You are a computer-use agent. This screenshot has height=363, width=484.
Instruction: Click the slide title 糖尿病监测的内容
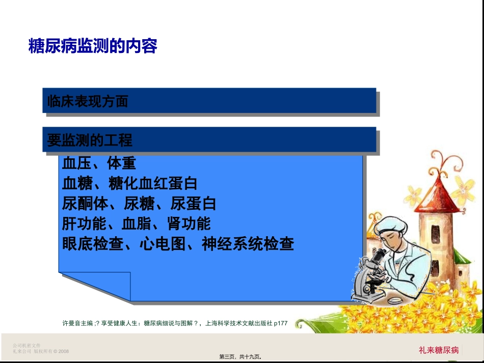coord(93,46)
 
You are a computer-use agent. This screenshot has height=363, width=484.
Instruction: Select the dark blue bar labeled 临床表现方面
coord(209,101)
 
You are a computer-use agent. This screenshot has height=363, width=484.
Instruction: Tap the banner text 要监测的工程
coord(90,140)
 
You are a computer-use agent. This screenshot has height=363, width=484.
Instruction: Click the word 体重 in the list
coord(121,163)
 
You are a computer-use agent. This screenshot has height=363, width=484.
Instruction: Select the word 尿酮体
coord(85,204)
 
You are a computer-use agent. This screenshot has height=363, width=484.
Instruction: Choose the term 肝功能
coord(85,224)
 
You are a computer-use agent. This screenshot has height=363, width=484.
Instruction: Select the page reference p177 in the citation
coord(281,323)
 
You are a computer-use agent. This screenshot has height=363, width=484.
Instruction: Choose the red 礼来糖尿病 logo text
coord(439,350)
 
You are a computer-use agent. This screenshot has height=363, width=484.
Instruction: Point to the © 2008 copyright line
coord(41,351)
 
